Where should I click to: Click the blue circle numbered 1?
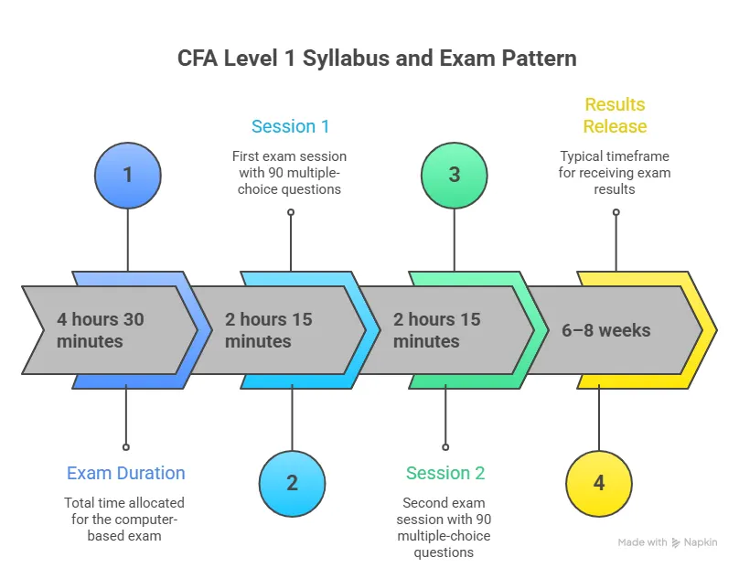127,174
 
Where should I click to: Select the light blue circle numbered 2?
292,483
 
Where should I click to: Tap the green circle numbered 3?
454,174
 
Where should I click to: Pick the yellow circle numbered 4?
599,483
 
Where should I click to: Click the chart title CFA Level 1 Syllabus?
376,59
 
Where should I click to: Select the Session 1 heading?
290,126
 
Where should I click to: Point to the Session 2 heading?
445,473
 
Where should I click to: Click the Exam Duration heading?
125,473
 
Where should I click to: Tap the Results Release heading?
615,115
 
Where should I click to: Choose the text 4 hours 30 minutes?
101,330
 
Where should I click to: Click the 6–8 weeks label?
605,330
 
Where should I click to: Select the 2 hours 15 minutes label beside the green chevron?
437,330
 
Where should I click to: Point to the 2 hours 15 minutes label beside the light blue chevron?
269,330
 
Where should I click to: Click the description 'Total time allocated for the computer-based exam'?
124,519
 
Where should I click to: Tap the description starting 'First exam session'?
290,173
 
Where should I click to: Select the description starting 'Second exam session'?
444,527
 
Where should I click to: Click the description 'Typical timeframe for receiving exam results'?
615,173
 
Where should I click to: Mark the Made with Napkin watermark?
667,542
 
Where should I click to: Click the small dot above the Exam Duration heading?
125,447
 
